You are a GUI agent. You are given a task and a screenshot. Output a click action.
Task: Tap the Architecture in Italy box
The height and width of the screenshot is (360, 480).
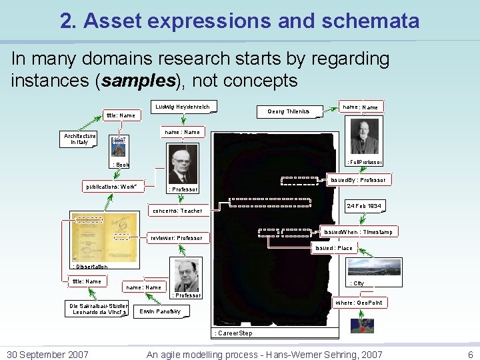coord(79,139)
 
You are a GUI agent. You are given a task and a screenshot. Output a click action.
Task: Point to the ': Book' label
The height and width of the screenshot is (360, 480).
coord(121,164)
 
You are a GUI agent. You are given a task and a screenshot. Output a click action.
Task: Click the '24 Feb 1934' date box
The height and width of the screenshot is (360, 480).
coord(364,207)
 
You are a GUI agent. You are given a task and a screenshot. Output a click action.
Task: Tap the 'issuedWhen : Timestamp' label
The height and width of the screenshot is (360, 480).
coord(358,232)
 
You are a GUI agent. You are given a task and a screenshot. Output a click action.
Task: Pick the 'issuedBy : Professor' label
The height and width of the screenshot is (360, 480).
coord(359,180)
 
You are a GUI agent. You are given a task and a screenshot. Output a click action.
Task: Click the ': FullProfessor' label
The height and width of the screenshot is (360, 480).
coord(363,162)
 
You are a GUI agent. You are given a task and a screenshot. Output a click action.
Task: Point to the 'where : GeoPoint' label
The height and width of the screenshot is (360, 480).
coord(359,303)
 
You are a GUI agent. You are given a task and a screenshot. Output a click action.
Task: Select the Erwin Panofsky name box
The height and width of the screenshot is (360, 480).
coord(160,311)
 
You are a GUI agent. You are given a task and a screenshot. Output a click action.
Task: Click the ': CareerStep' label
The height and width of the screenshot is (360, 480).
coord(233,332)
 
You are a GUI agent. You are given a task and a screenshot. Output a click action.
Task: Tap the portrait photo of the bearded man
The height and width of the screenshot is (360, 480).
coord(365,137)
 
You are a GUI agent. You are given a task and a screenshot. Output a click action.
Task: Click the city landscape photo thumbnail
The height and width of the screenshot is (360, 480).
coord(375,267)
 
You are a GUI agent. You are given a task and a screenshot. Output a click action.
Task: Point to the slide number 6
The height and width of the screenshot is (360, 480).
coord(470,355)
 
